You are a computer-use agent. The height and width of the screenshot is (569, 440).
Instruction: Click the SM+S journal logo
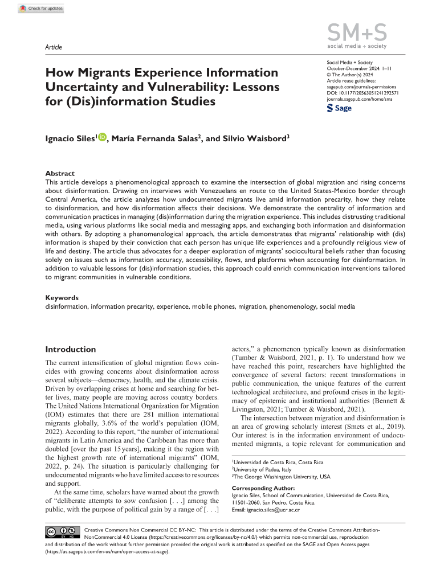pyautogui.click(x=357, y=35)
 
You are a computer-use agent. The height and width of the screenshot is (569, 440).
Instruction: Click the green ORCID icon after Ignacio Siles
pyautogui.click(x=103, y=137)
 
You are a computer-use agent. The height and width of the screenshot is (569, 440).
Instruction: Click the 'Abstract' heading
pyautogui.click(x=59, y=173)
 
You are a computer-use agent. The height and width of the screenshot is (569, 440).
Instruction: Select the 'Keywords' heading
pyautogui.click(x=62, y=297)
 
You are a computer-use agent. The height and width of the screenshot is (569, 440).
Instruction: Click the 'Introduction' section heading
pyautogui.click(x=71, y=349)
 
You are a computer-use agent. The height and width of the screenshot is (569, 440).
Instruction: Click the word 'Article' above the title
pyautogui.click(x=53, y=47)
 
